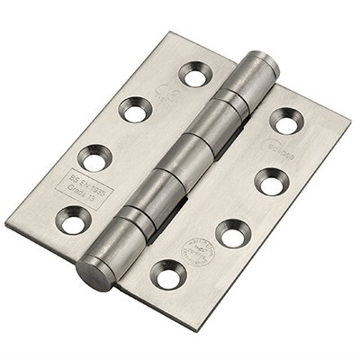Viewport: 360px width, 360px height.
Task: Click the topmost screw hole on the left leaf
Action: coord(192,74)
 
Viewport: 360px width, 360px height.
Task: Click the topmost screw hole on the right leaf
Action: coord(285,120)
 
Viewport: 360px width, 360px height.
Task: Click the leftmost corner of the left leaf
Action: coord(10,222)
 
